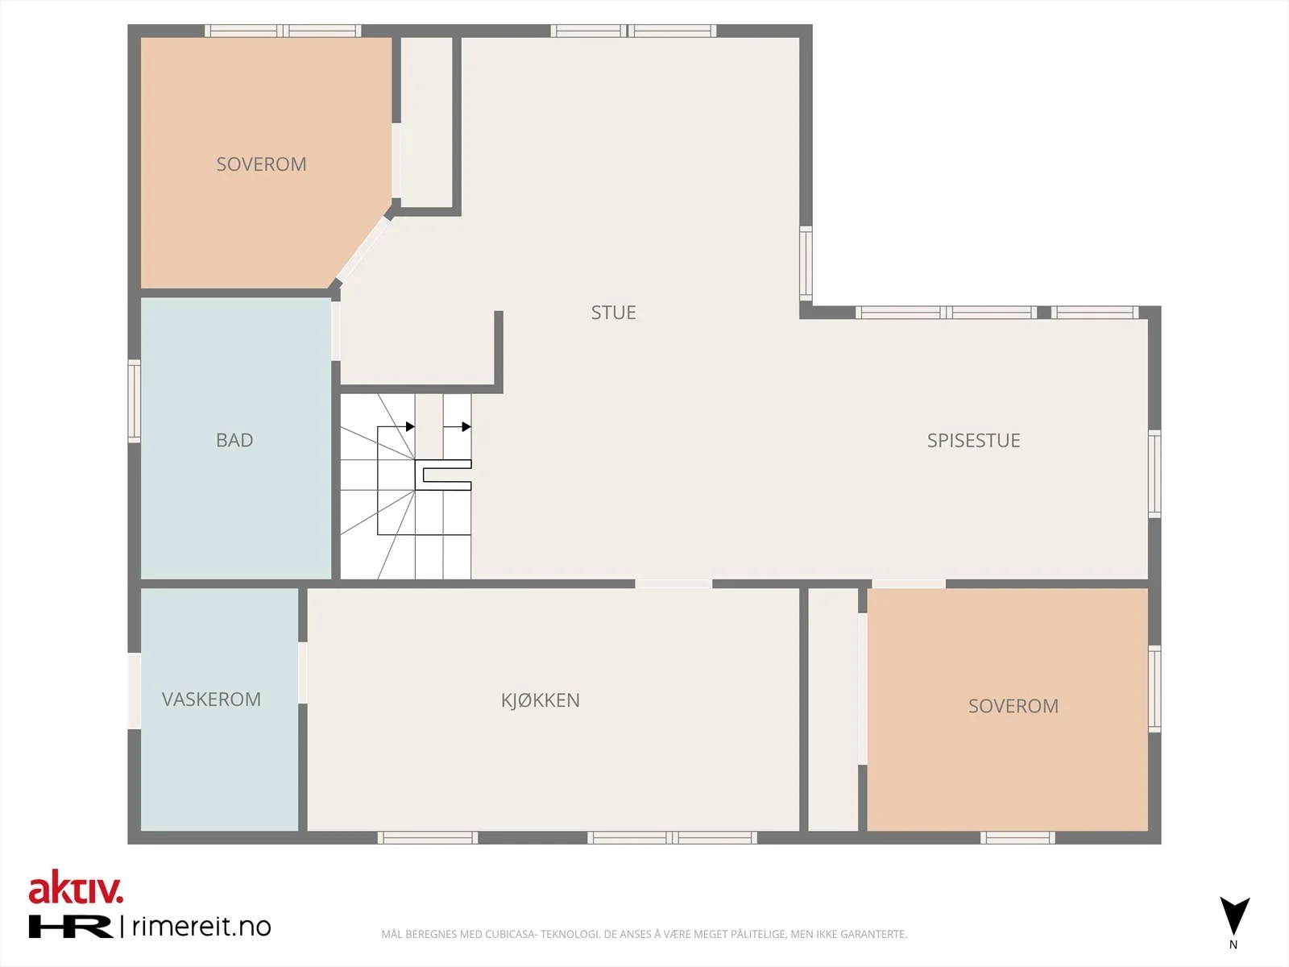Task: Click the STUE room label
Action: coord(613,313)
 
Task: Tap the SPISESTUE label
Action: coord(974,440)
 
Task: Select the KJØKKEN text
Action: coord(541,699)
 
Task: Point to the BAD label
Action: coord(234,440)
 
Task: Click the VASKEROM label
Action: coord(211,699)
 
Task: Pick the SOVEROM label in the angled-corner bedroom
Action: coord(261,164)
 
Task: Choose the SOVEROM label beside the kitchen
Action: coord(1013,706)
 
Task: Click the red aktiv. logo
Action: coord(76,887)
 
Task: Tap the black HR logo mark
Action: coord(70,926)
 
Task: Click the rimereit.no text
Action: coord(201,927)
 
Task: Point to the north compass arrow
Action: coord(1234,916)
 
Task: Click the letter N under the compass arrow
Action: coord(1233,944)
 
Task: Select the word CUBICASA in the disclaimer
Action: coord(510,934)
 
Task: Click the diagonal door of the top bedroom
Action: coord(363,249)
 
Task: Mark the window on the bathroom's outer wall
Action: coord(135,401)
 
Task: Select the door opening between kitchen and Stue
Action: coord(674,583)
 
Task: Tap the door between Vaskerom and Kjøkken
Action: coord(302,673)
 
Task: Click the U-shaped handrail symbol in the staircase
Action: coord(443,475)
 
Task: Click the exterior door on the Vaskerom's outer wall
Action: coord(135,691)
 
